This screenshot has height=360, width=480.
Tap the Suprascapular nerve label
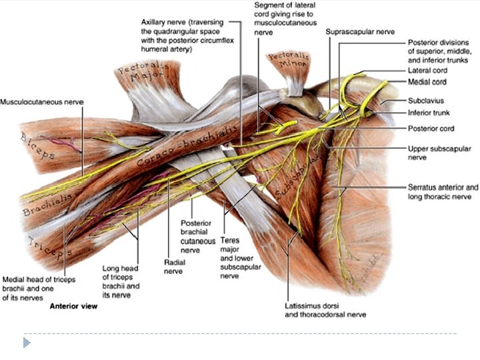pyautogui.click(x=360, y=31)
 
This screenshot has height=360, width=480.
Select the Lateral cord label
pyautogui.click(x=427, y=71)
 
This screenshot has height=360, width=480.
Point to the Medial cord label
pyautogui.click(x=427, y=82)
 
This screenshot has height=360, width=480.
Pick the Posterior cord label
pyautogui.click(x=431, y=128)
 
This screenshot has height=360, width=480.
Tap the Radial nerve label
pyautogui.click(x=174, y=267)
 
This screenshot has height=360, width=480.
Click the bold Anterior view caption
pyautogui.click(x=75, y=307)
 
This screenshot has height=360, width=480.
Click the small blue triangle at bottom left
pyautogui.click(x=27, y=343)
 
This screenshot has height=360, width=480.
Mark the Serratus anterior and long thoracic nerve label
pyautogui.click(x=443, y=192)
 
